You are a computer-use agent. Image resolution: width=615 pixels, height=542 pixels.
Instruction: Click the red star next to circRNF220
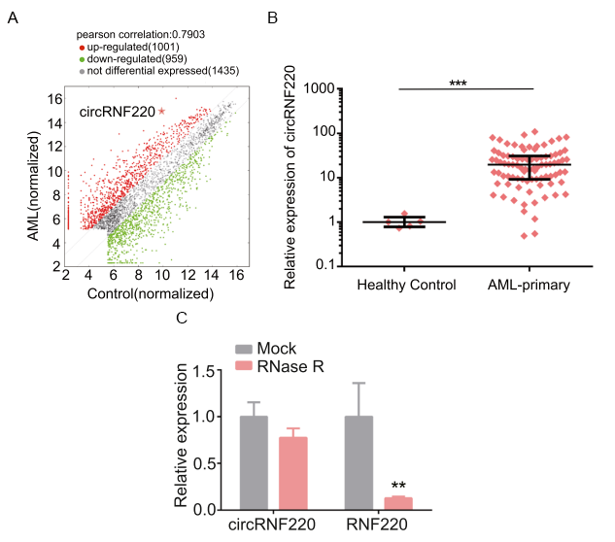[x=162, y=112]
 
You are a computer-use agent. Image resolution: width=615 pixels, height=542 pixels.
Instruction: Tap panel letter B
[x=273, y=17]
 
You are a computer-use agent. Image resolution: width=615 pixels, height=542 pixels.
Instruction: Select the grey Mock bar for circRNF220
[x=254, y=462]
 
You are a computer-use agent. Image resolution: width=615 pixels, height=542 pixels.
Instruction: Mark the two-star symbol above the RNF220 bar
[x=398, y=486]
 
